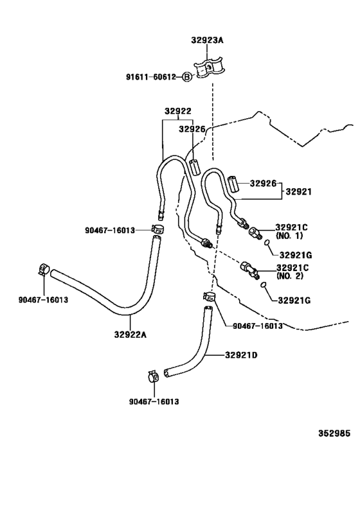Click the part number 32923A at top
pos(207,40)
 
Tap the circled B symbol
pos(187,77)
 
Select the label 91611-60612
pos(151,77)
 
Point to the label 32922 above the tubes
pos(177,111)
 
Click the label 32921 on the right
pos(298,191)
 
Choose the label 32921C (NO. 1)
pos(291,231)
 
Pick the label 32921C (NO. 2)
pos(292,272)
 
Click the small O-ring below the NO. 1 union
pos(267,243)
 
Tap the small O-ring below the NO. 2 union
pos(264,285)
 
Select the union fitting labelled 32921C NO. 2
pos(249,269)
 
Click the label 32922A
pos(130,335)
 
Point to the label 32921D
pos(241,355)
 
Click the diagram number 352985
pos(334,434)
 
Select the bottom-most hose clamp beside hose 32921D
pos(153,377)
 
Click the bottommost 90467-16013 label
pos(154,401)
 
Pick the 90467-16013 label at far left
pos(43,299)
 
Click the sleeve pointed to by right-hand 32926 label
pos(233,184)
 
